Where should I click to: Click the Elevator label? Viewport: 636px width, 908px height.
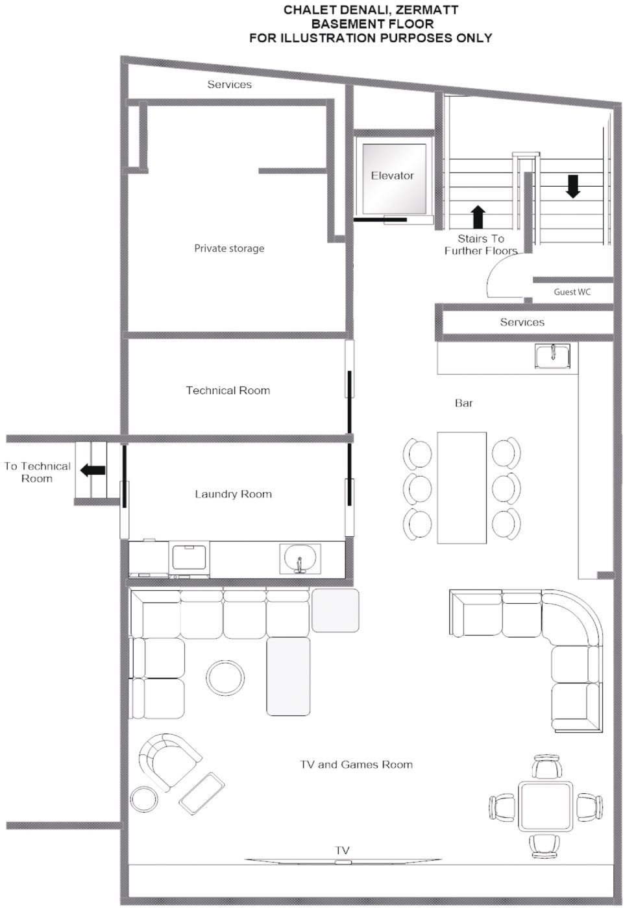(392, 176)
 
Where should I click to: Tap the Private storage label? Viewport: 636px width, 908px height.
(229, 248)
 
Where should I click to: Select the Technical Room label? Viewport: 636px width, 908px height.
(228, 390)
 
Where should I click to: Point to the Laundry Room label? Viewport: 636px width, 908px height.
(233, 494)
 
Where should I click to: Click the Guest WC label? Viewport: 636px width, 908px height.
(572, 292)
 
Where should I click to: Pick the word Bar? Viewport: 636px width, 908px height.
(463, 403)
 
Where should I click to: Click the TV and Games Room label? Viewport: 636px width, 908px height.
(356, 764)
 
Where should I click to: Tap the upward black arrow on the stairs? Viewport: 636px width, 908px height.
(478, 217)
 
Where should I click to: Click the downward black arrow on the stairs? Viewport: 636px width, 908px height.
(572, 187)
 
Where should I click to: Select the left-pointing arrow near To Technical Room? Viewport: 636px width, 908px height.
(93, 470)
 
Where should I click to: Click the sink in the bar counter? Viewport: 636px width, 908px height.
(552, 355)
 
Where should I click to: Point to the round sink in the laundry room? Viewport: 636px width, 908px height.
(300, 558)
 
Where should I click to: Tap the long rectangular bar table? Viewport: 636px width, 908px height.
(461, 487)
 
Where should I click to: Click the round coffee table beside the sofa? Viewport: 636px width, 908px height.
(225, 677)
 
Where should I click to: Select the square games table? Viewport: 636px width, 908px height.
(546, 806)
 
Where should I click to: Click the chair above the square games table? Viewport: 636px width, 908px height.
(547, 766)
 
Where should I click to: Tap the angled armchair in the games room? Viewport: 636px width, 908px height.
(169, 761)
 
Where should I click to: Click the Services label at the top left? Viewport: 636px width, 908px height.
(229, 84)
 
